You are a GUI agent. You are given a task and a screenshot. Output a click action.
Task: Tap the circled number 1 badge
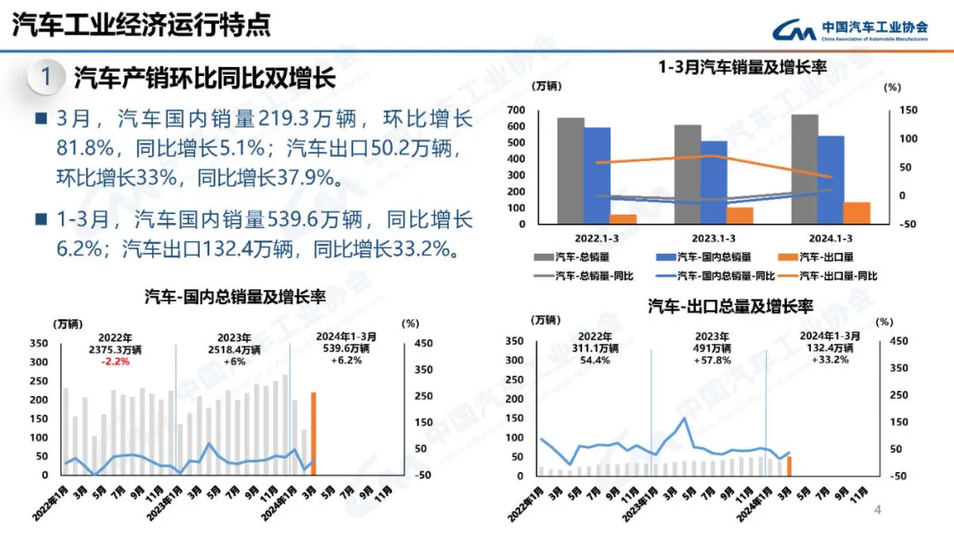point(45,77)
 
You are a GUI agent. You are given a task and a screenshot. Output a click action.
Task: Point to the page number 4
point(877,510)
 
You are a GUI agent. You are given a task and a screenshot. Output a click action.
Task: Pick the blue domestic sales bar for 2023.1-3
point(715,182)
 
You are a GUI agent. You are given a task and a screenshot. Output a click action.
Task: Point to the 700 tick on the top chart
point(517,111)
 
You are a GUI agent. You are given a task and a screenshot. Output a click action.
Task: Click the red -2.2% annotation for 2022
point(116,362)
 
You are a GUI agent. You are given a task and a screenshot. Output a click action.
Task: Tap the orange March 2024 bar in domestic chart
point(313,433)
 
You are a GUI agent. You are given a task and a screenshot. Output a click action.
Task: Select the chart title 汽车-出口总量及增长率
point(731,306)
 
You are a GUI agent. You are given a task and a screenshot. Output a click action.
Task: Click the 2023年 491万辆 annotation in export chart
point(711,348)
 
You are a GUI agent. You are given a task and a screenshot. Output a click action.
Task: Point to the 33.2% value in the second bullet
point(420,248)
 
